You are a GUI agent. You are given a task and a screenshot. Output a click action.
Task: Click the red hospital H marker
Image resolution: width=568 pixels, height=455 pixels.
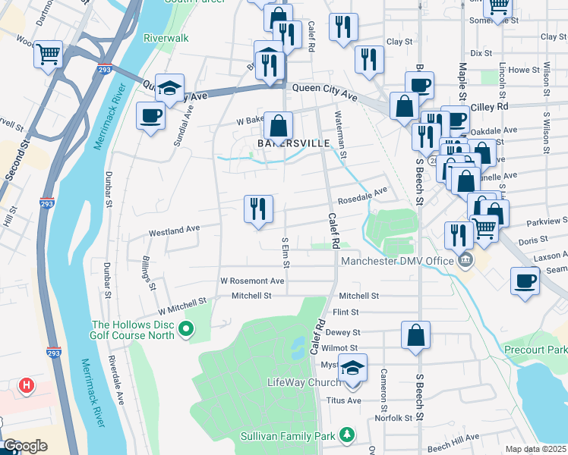click(x=27, y=386)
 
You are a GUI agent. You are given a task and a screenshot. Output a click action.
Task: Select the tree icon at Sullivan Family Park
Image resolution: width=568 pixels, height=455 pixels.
click(x=346, y=435)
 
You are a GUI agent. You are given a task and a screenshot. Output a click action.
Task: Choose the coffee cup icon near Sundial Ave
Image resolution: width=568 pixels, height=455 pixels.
click(x=150, y=116)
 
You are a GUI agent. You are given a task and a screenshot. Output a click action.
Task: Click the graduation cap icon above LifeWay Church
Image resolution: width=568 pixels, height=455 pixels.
click(x=352, y=368)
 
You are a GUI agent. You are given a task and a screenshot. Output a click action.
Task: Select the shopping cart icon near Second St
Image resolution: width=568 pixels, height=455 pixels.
click(x=48, y=54)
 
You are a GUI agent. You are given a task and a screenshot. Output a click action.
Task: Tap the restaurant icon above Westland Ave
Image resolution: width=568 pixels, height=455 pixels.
click(x=258, y=208)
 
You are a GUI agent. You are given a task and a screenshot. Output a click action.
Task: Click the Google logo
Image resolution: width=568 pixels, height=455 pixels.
click(x=25, y=446)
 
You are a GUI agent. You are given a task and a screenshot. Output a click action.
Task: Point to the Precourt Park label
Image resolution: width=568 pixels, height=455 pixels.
click(x=535, y=350)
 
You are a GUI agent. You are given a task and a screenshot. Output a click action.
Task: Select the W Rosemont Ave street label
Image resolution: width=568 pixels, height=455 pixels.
click(x=252, y=281)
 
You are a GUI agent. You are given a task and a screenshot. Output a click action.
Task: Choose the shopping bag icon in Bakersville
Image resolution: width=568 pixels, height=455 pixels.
click(x=279, y=124)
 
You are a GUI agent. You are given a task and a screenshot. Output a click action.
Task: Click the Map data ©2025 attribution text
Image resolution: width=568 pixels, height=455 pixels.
click(x=535, y=449)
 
